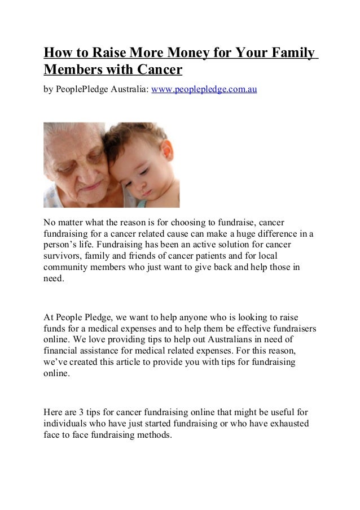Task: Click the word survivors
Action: (63, 259)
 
